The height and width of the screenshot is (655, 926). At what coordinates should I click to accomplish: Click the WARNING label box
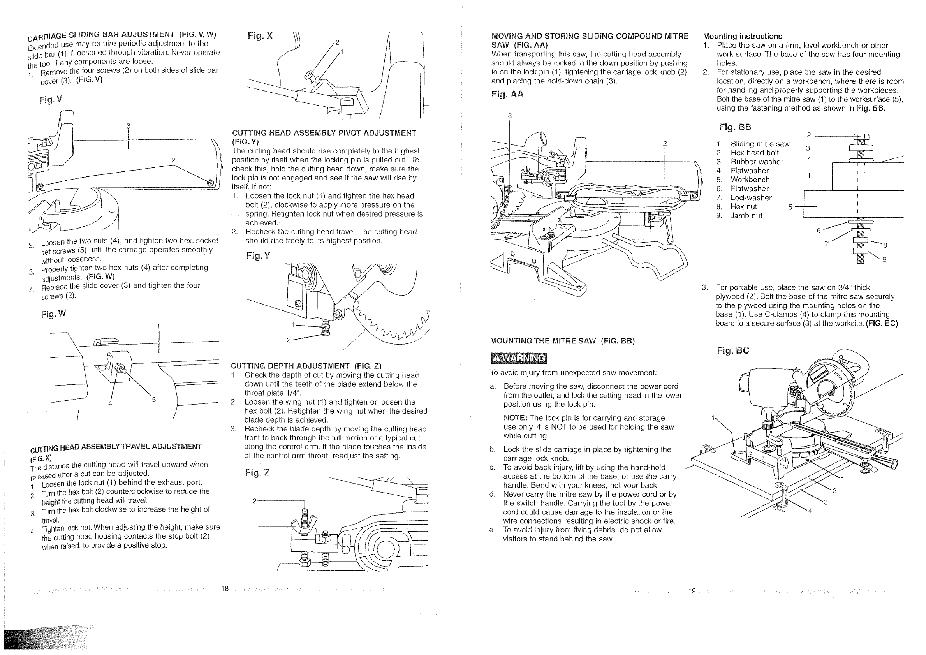519,358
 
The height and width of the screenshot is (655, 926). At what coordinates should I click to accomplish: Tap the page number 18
225,589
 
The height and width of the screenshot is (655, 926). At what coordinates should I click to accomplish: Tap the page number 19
692,591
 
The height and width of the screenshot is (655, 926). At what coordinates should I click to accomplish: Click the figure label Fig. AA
507,94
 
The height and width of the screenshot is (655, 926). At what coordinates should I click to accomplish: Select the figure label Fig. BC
733,350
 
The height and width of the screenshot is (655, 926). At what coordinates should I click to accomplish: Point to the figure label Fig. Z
257,472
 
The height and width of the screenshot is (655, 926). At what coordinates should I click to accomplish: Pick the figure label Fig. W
53,314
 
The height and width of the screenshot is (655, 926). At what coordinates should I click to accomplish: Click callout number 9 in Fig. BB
884,259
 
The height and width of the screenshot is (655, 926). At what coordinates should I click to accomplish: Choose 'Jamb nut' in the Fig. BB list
746,216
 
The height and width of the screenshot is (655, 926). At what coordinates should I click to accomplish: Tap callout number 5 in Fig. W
154,400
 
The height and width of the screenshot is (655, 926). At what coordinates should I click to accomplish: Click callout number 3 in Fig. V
128,126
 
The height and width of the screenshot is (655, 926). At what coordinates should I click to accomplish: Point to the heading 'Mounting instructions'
743,36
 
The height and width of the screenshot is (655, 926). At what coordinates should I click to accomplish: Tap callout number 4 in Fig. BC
810,511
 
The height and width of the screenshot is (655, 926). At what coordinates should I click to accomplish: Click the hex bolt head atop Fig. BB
861,136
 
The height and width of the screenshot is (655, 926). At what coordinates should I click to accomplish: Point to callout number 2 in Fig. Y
289,340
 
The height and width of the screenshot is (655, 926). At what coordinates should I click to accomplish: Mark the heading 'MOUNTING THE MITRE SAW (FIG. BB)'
562,341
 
